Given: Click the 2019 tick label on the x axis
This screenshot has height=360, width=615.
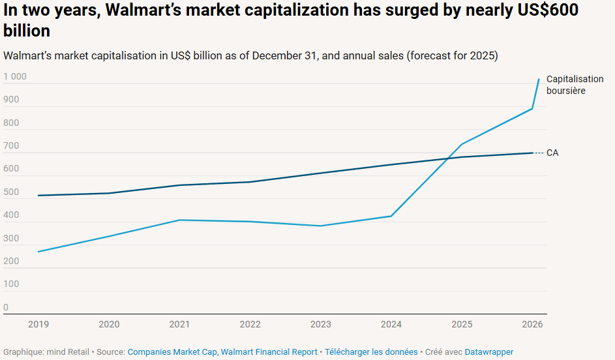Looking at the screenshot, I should (x=38, y=324).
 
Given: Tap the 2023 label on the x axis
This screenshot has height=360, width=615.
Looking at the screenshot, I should (x=320, y=324).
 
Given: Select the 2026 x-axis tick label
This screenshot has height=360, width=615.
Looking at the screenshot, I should (x=532, y=324).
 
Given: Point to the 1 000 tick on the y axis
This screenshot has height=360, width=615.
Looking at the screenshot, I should (x=15, y=77).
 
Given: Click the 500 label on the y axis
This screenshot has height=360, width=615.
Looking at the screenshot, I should (x=11, y=192).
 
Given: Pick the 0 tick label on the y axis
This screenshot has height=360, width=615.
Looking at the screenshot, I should (x=6, y=307).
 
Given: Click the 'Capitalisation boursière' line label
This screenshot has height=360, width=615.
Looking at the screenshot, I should (x=575, y=85).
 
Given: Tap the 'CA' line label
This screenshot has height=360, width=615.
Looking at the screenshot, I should (x=552, y=153).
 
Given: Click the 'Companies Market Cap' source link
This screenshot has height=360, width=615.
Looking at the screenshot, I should (x=172, y=352).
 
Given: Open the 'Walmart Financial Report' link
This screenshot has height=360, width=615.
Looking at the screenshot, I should (x=269, y=352).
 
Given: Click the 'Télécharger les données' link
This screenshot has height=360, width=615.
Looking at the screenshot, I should (x=371, y=352).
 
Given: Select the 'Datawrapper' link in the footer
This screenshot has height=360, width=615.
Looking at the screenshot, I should (x=488, y=352).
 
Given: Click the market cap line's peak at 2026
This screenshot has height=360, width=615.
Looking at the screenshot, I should (x=539, y=80).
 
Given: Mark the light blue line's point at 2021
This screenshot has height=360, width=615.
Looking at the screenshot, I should (x=179, y=220).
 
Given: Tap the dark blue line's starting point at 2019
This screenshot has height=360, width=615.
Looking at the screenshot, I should (x=38, y=196).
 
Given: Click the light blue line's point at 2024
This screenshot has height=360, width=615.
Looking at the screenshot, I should (x=391, y=216).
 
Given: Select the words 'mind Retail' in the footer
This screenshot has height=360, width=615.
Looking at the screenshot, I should (x=68, y=352).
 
